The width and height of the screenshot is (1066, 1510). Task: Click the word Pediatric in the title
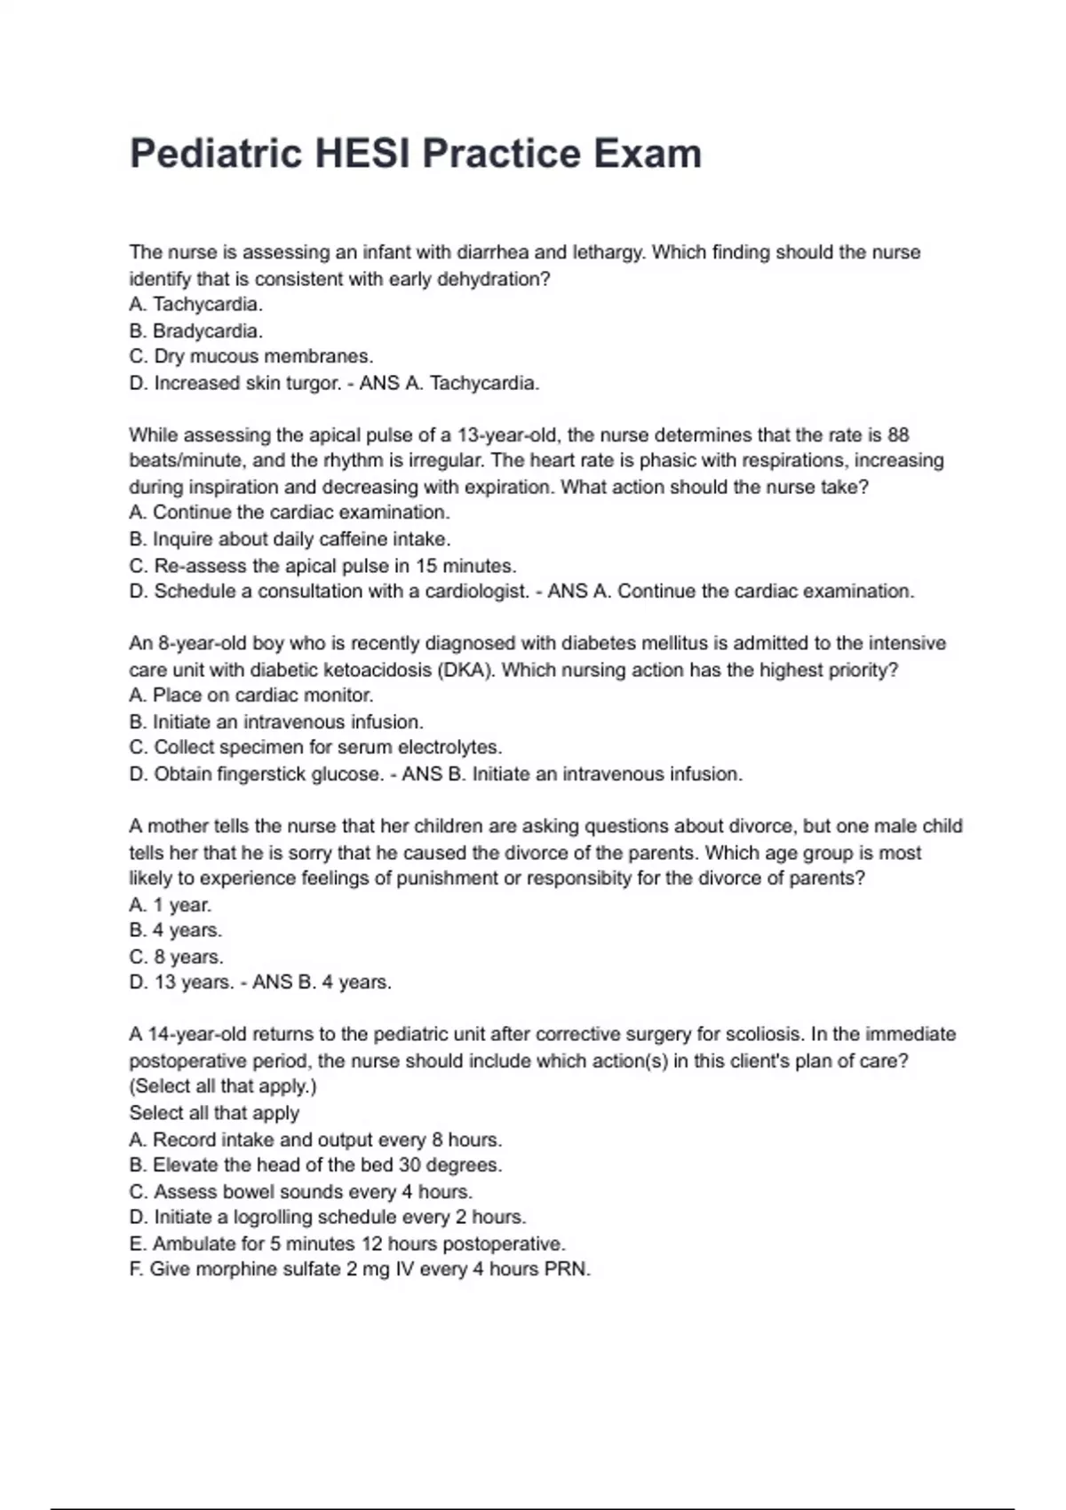click(216, 155)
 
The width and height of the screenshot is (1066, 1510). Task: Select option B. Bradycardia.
click(195, 331)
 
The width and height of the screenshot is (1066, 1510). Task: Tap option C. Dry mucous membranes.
click(251, 357)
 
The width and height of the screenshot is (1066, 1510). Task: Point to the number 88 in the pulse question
click(898, 435)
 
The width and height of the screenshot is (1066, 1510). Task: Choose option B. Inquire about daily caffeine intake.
click(290, 539)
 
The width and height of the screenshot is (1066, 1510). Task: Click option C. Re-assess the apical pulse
click(322, 566)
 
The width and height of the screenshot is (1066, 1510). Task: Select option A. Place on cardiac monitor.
click(251, 695)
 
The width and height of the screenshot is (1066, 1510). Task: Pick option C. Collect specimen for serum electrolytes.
click(315, 748)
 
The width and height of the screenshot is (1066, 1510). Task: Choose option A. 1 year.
click(171, 905)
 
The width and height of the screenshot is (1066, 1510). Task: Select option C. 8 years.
click(176, 958)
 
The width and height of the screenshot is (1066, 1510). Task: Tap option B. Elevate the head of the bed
click(315, 1165)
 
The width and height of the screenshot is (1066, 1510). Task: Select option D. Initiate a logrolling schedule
click(327, 1218)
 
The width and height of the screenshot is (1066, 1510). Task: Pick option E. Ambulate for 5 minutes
click(346, 1244)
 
